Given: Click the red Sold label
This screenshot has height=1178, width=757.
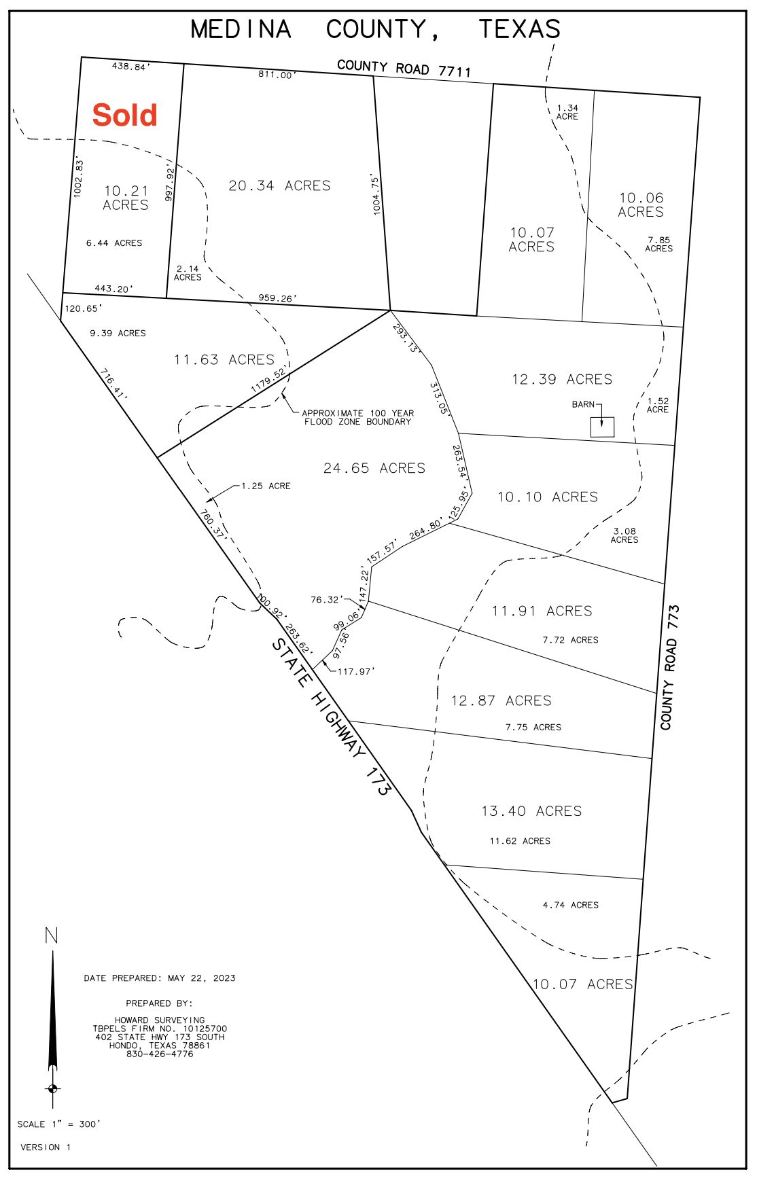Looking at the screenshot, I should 125,115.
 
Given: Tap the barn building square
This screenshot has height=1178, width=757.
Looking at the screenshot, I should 602,427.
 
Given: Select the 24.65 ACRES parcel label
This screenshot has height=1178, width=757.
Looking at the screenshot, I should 374,468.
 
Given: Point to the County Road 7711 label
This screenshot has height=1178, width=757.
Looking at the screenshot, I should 404,68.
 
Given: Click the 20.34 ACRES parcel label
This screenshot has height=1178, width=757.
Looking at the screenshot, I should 279,185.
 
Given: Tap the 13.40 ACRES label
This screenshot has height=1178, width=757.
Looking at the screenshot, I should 531,811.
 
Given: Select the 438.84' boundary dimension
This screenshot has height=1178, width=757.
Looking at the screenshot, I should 131,67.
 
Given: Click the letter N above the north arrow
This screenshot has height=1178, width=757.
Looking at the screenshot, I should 51,936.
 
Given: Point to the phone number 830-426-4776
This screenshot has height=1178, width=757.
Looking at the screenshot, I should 160,1054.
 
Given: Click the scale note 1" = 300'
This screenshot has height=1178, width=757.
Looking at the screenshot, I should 58,1124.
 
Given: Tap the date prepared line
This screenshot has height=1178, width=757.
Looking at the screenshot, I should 160,978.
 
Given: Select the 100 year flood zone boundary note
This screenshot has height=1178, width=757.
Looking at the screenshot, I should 357,417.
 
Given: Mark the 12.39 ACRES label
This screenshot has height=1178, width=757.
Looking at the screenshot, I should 562,379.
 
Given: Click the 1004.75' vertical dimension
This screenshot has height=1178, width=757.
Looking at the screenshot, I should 378,194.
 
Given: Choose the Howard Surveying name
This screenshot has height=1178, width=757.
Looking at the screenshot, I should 160,1020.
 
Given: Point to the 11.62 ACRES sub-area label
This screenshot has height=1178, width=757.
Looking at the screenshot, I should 520,841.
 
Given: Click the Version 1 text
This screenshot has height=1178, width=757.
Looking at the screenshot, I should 46,1147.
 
